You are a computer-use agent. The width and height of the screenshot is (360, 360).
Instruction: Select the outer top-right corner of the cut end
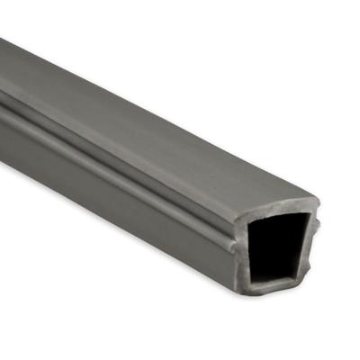click(x=319, y=202)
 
